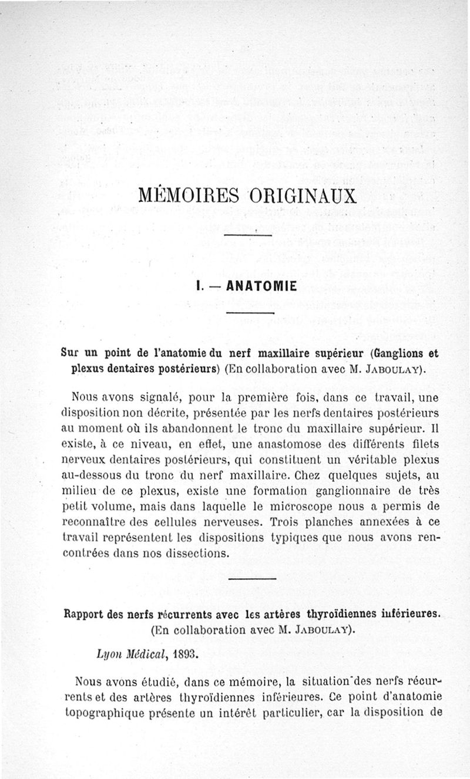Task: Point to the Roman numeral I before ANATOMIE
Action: coord(200,287)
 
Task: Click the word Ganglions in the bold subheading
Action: coord(391,355)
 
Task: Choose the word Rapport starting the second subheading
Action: coord(85,615)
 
